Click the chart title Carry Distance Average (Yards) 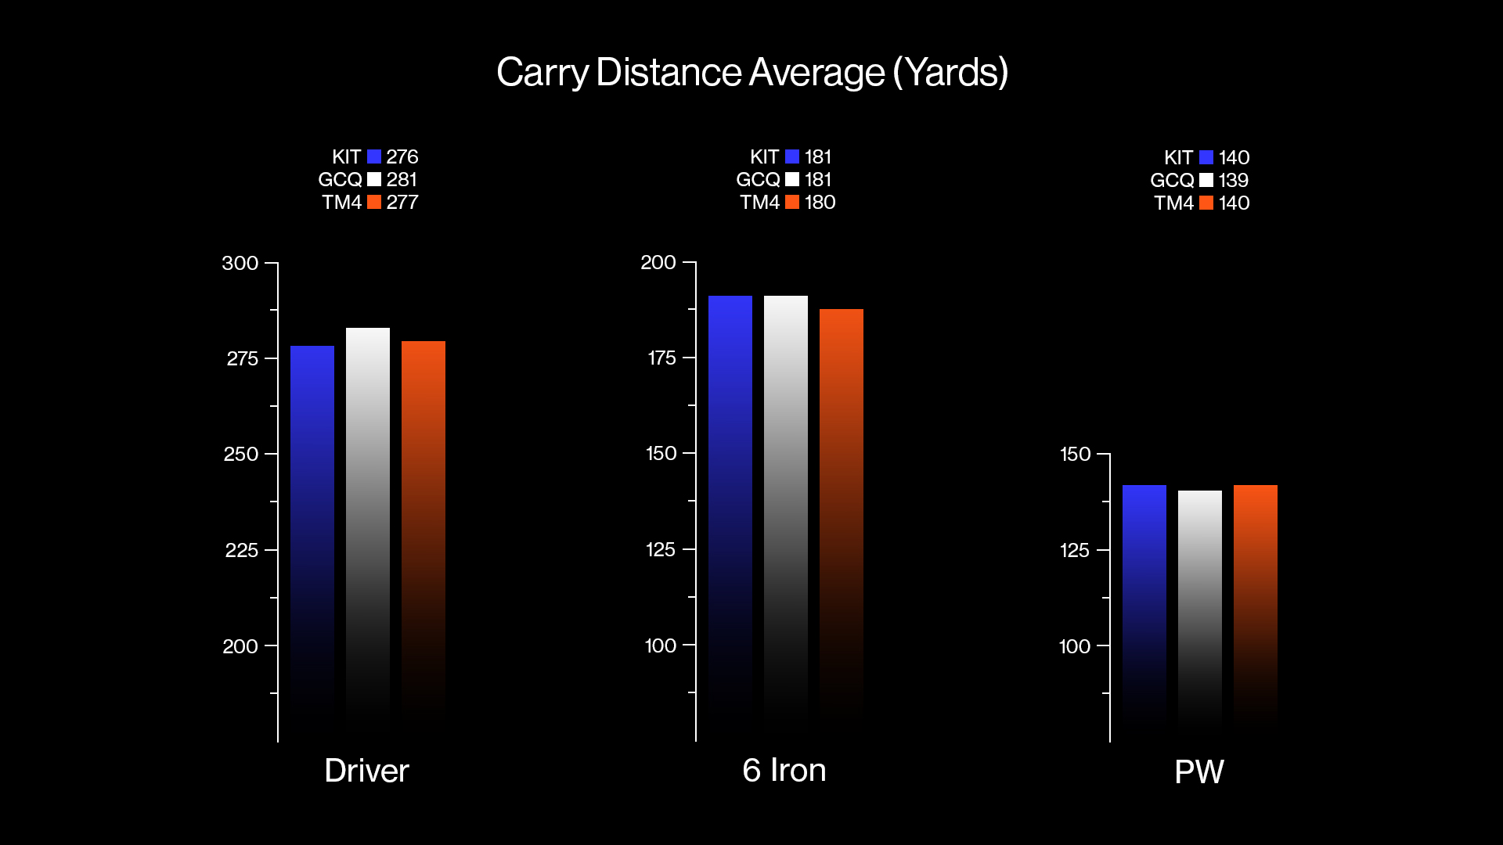click(751, 73)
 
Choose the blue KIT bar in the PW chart click(1144, 595)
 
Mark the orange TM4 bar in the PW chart click(1256, 595)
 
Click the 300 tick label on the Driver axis click(240, 264)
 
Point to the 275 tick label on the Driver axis click(242, 359)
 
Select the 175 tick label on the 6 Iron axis click(661, 358)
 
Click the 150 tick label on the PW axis click(1075, 455)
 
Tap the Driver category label click(366, 771)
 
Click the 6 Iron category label click(784, 771)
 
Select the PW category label click(1199, 772)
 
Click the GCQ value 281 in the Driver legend click(402, 180)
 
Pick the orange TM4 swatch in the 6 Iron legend click(792, 203)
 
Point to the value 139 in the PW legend click(1234, 181)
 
